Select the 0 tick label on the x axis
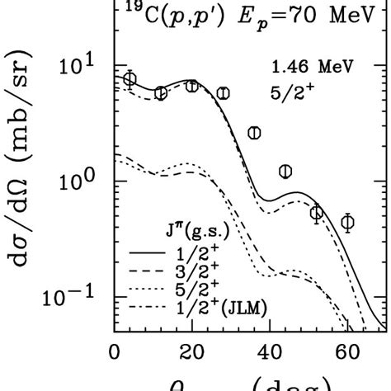coord(115,349)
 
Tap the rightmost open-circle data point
coord(348,222)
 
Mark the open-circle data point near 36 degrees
coord(254,133)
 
